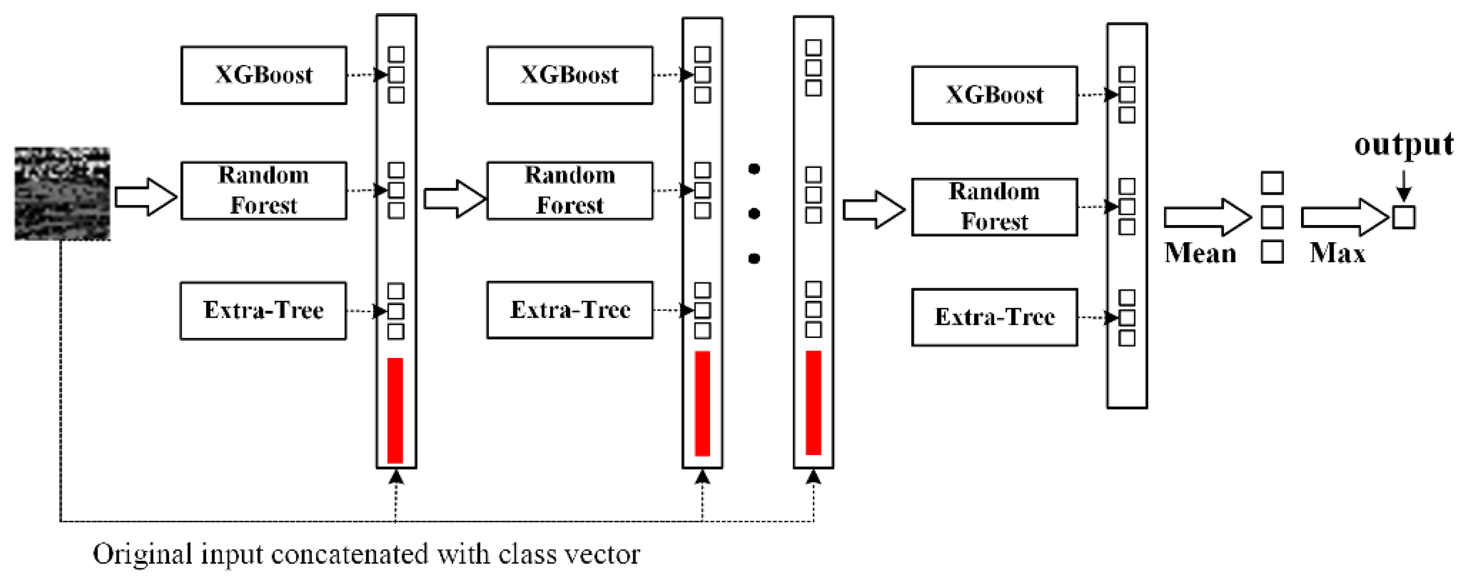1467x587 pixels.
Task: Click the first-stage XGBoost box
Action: click(264, 75)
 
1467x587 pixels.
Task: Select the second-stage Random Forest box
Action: click(569, 190)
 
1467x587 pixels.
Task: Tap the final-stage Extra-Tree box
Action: click(994, 317)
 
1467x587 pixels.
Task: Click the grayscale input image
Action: click(62, 194)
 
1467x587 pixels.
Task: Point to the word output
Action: click(1403, 144)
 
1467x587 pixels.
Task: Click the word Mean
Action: click(1200, 253)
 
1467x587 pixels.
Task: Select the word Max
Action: click(1337, 253)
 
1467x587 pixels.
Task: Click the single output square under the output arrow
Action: click(1403, 218)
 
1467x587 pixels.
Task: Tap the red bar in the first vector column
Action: click(395, 410)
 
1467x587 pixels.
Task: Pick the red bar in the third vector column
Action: click(813, 402)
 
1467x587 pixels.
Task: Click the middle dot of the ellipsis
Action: click(754, 213)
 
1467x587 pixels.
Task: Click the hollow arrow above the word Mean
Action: click(1207, 217)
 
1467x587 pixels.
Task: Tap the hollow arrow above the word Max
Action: click(1344, 217)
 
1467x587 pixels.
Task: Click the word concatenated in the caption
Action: click(349, 554)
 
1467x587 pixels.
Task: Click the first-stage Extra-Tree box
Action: click(263, 311)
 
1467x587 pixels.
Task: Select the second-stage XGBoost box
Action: click(569, 75)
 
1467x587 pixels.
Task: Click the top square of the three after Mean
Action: click(1272, 183)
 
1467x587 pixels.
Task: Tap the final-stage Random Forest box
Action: click(994, 207)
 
